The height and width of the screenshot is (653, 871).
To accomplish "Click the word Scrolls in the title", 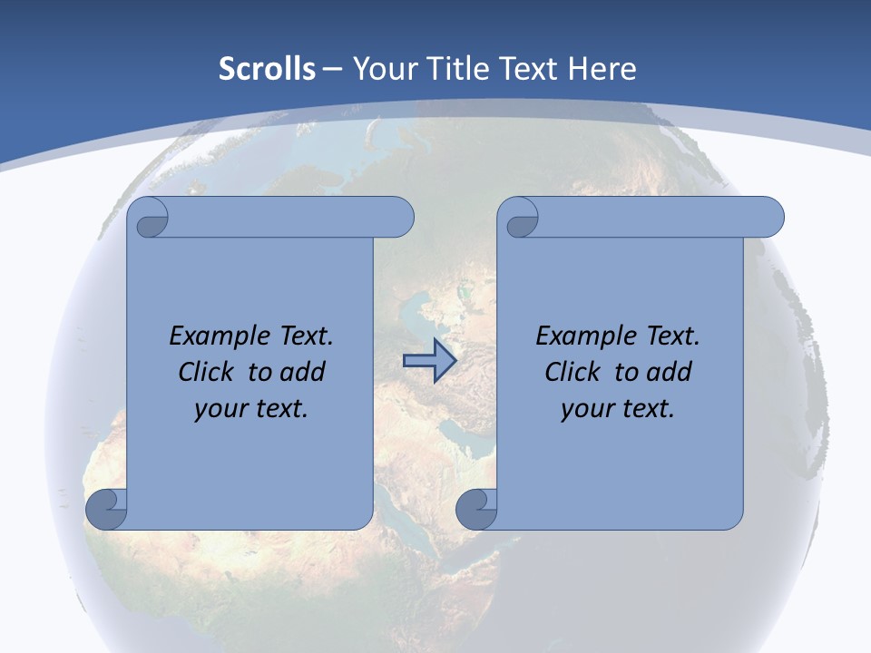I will pyautogui.click(x=267, y=69).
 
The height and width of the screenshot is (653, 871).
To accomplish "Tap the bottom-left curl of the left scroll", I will pyautogui.click(x=106, y=509).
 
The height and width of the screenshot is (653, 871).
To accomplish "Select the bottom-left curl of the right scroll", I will pyautogui.click(x=476, y=510).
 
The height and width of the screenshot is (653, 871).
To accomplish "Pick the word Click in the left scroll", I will pyautogui.click(x=199, y=373).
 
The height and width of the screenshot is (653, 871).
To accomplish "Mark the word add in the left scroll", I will pyautogui.click(x=304, y=373).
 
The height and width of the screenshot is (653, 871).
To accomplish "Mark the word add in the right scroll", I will pyautogui.click(x=670, y=373).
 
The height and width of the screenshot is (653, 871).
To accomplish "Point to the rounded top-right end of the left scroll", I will pyautogui.click(x=400, y=218).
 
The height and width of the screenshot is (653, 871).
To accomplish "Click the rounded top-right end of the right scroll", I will pyautogui.click(x=770, y=218).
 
